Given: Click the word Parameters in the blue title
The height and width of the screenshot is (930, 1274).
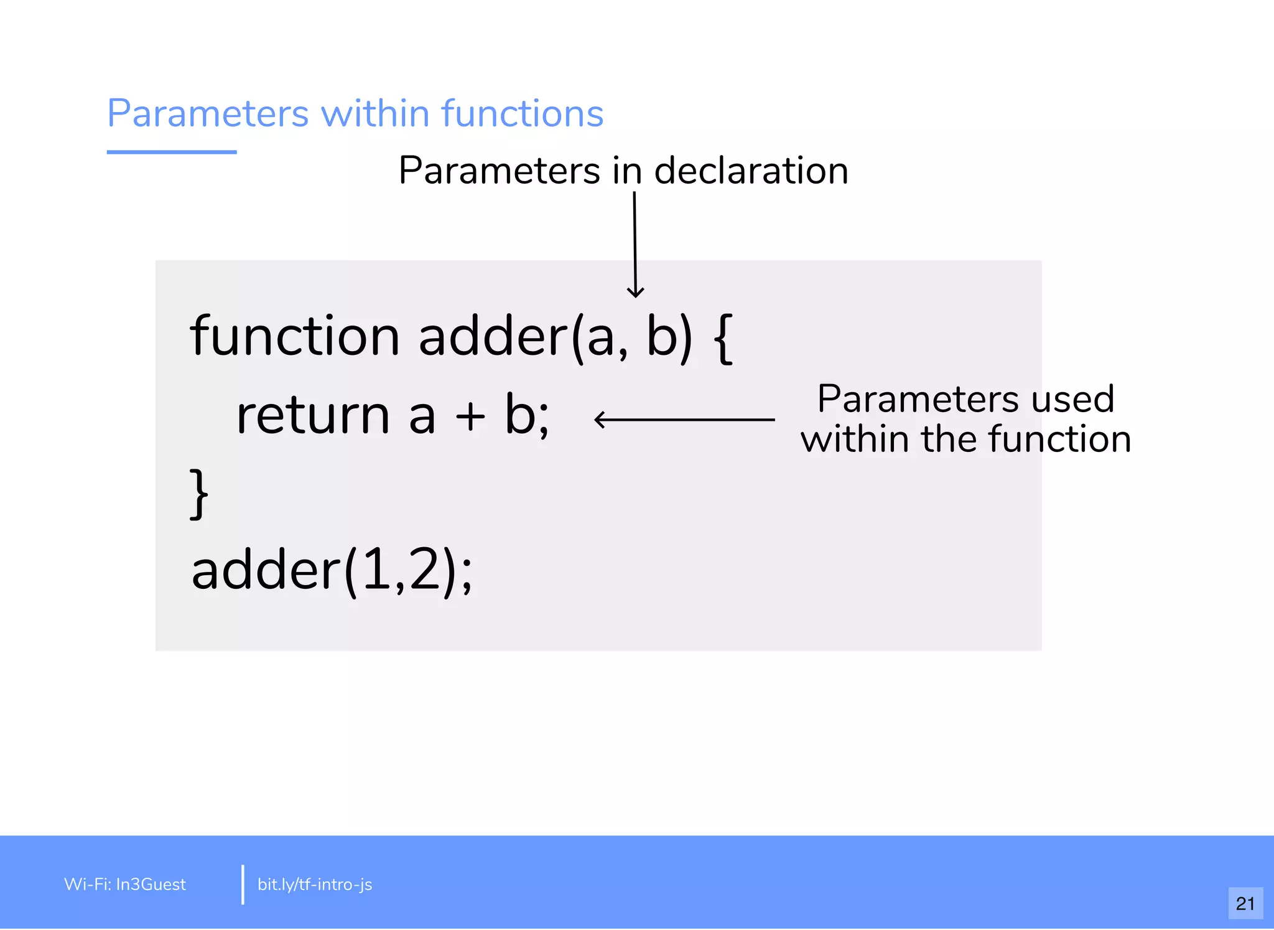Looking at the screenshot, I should coord(208,113).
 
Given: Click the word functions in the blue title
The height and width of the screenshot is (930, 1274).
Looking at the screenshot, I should coord(523,113).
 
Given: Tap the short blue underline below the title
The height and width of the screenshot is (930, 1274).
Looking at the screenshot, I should coord(172,152).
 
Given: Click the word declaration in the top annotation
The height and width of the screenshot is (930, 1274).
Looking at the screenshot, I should coord(751,171).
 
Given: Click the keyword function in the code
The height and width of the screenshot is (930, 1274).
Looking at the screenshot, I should coord(295,336).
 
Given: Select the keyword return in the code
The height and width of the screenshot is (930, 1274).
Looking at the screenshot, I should coord(312,416).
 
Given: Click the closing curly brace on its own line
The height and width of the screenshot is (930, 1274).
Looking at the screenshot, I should coord(198,494).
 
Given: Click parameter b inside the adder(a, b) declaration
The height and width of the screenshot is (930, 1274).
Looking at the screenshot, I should coord(661,336).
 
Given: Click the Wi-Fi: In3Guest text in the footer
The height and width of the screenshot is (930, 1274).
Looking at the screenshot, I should coord(125,885).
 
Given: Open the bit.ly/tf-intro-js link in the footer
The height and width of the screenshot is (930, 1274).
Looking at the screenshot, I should coord(315,885).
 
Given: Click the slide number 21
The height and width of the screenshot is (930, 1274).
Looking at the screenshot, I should coord(1245,903).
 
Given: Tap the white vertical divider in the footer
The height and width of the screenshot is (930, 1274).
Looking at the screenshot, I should coord(243,884).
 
